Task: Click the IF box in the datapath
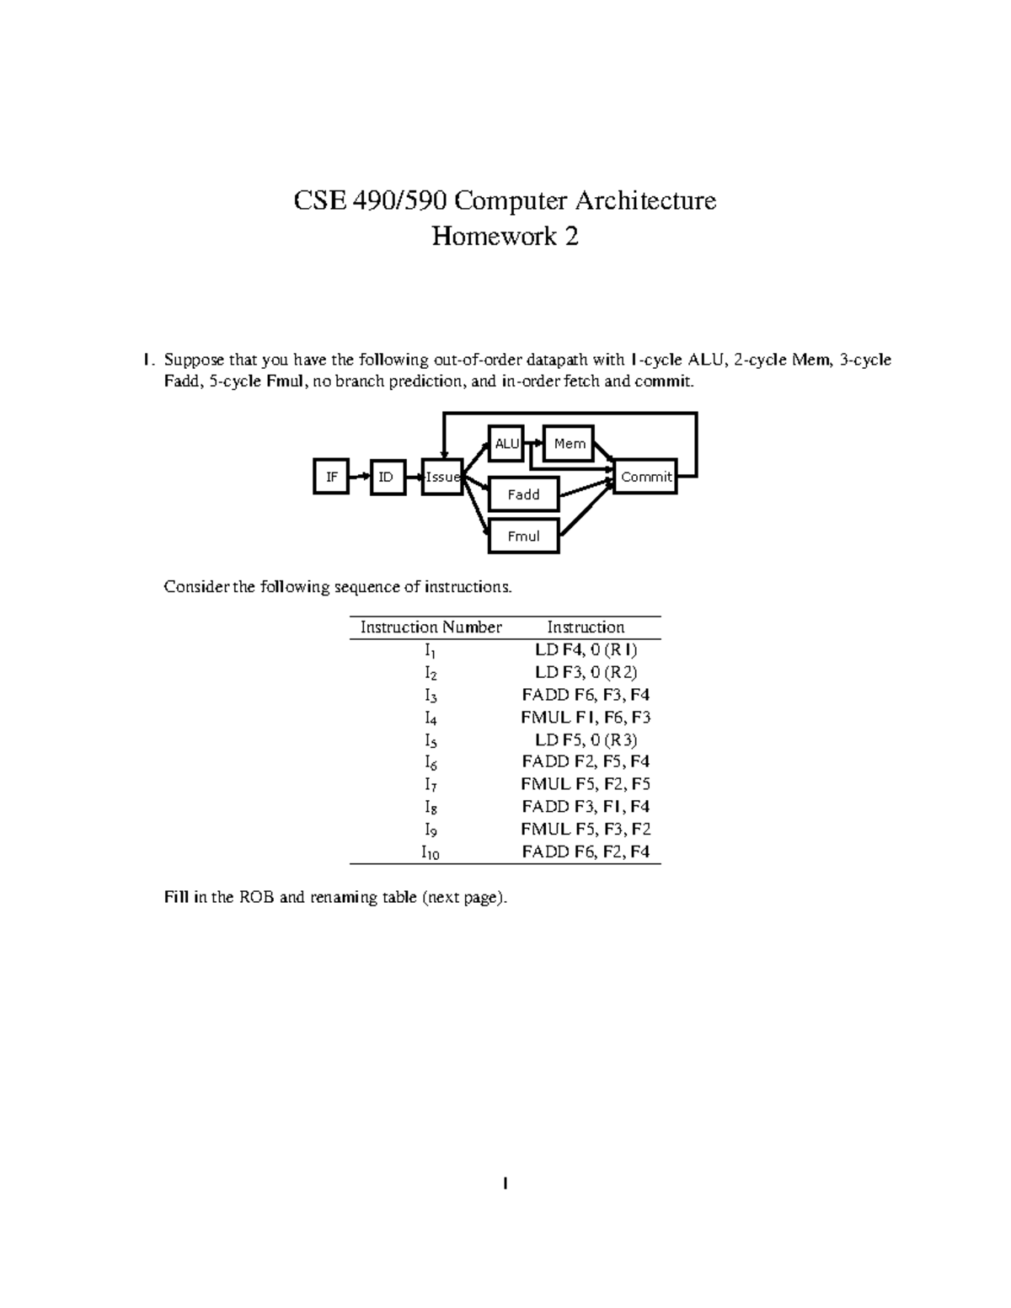click(x=331, y=477)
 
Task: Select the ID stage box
click(x=388, y=477)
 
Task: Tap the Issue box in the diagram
click(x=442, y=477)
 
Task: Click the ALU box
click(x=506, y=444)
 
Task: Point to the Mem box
click(x=569, y=444)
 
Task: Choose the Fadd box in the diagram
click(x=523, y=494)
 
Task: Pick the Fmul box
click(x=523, y=537)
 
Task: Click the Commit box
click(x=646, y=477)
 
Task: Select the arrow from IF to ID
click(x=360, y=477)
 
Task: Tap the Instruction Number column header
click(x=431, y=627)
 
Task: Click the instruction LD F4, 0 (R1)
click(x=586, y=650)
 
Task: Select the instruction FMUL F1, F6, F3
click(x=586, y=718)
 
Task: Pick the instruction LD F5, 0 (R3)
click(x=586, y=740)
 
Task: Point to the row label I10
click(x=431, y=852)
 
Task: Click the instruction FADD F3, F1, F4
click(x=586, y=807)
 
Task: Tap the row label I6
click(x=431, y=763)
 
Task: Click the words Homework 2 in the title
click(x=505, y=237)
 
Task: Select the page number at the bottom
click(x=505, y=1184)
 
